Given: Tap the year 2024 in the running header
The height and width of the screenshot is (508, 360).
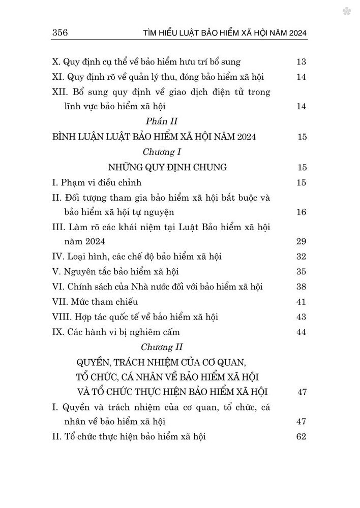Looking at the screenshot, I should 294,34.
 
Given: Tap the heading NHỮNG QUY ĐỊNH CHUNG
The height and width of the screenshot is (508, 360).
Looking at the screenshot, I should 160,167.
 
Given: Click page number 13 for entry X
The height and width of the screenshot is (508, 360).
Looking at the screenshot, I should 300,62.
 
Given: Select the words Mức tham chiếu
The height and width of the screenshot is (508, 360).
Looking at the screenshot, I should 96,302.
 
